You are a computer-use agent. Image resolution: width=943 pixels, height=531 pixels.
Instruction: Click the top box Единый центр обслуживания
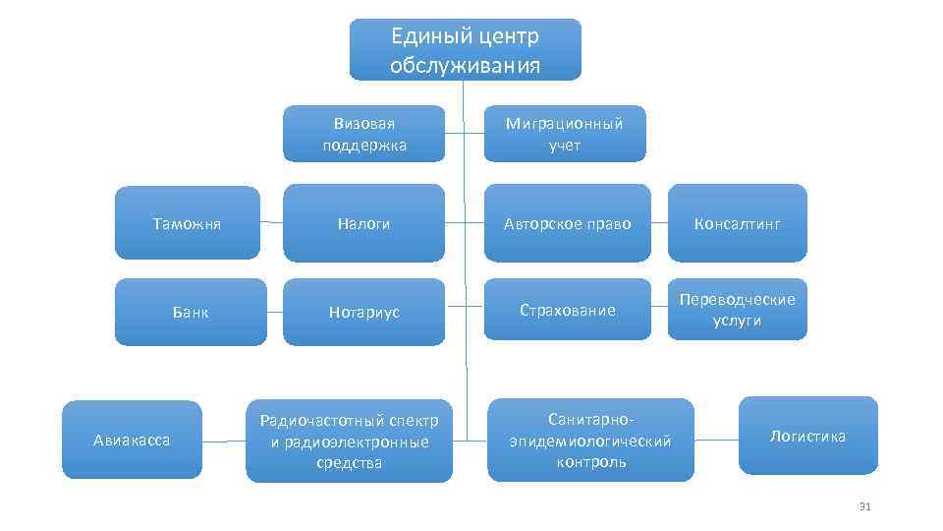pyautogui.click(x=465, y=50)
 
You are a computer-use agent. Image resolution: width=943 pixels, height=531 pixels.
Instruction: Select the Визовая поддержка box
pyautogui.click(x=363, y=135)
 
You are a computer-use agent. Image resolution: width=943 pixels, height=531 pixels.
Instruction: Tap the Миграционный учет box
pyautogui.click(x=564, y=135)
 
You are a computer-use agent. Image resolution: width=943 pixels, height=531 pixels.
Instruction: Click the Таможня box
pyautogui.click(x=187, y=224)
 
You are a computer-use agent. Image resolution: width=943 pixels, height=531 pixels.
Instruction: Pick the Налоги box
pyautogui.click(x=363, y=224)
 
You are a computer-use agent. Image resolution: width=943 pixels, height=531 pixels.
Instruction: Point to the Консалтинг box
pyautogui.click(x=737, y=224)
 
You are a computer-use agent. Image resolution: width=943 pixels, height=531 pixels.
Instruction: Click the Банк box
pyautogui.click(x=190, y=312)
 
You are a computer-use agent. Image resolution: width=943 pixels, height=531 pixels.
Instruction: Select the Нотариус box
pyautogui.click(x=363, y=312)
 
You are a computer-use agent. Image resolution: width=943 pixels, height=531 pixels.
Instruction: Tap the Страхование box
pyautogui.click(x=568, y=311)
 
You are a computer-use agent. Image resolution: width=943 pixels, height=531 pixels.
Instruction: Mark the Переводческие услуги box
pyautogui.click(x=737, y=310)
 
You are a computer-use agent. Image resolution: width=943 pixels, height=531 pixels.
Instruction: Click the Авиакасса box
pyautogui.click(x=132, y=440)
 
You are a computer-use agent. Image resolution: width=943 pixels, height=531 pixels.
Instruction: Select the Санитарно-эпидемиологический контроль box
pyautogui.click(x=590, y=441)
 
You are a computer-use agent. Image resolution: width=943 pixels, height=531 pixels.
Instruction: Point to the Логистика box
pyautogui.click(x=807, y=436)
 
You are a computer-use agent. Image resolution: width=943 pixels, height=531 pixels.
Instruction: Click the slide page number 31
pyautogui.click(x=864, y=506)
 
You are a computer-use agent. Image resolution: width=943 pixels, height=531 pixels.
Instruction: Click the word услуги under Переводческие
pyautogui.click(x=737, y=321)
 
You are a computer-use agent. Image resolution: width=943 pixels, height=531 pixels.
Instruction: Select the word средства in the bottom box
pyautogui.click(x=350, y=462)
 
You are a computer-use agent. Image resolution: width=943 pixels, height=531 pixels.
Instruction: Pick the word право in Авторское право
pyautogui.click(x=608, y=224)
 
